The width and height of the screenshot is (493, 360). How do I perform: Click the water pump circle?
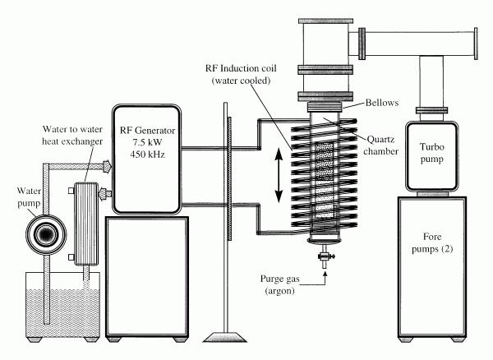(x=46, y=234)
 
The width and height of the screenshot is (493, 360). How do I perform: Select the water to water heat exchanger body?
(x=85, y=224)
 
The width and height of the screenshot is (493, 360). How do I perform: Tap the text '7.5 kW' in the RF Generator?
(x=147, y=142)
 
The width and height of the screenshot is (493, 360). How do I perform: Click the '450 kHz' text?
(x=147, y=155)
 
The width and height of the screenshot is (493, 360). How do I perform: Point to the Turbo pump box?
(x=431, y=156)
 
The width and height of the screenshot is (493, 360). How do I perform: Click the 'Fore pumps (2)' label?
(x=432, y=242)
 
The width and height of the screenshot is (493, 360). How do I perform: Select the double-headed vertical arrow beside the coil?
(x=279, y=175)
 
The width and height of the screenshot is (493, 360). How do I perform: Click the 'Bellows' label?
(x=382, y=103)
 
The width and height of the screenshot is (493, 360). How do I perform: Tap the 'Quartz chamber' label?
(x=380, y=145)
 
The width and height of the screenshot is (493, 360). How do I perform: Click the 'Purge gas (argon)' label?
(x=280, y=285)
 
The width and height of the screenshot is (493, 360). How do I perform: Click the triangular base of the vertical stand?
(x=225, y=337)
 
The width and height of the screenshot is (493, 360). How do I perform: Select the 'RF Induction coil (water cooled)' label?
(x=241, y=75)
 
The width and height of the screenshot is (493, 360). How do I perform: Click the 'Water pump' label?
(x=29, y=197)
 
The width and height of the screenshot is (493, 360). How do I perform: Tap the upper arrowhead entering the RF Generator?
(x=107, y=166)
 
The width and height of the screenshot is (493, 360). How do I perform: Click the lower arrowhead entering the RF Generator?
(x=105, y=193)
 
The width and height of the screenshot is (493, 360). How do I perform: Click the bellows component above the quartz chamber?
(x=325, y=107)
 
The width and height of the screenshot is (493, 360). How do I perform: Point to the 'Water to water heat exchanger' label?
(x=72, y=136)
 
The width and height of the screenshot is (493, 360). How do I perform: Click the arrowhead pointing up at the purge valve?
(x=325, y=274)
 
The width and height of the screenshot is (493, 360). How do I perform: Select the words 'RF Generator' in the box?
(x=147, y=130)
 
